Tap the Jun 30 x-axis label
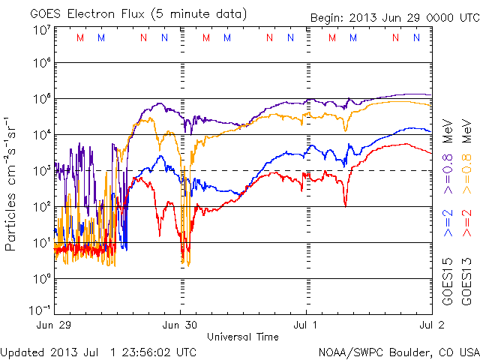pyautogui.click(x=181, y=325)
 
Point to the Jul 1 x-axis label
pyautogui.click(x=307, y=325)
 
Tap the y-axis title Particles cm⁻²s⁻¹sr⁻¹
pyautogui.click(x=12, y=183)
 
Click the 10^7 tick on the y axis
pyautogui.click(x=40, y=30)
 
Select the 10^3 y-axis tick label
pyautogui.click(x=40, y=171)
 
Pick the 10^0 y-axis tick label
pyautogui.click(x=40, y=279)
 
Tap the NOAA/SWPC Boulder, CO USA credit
pyautogui.click(x=398, y=352)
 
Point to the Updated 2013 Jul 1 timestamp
pyautogui.click(x=99, y=352)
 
